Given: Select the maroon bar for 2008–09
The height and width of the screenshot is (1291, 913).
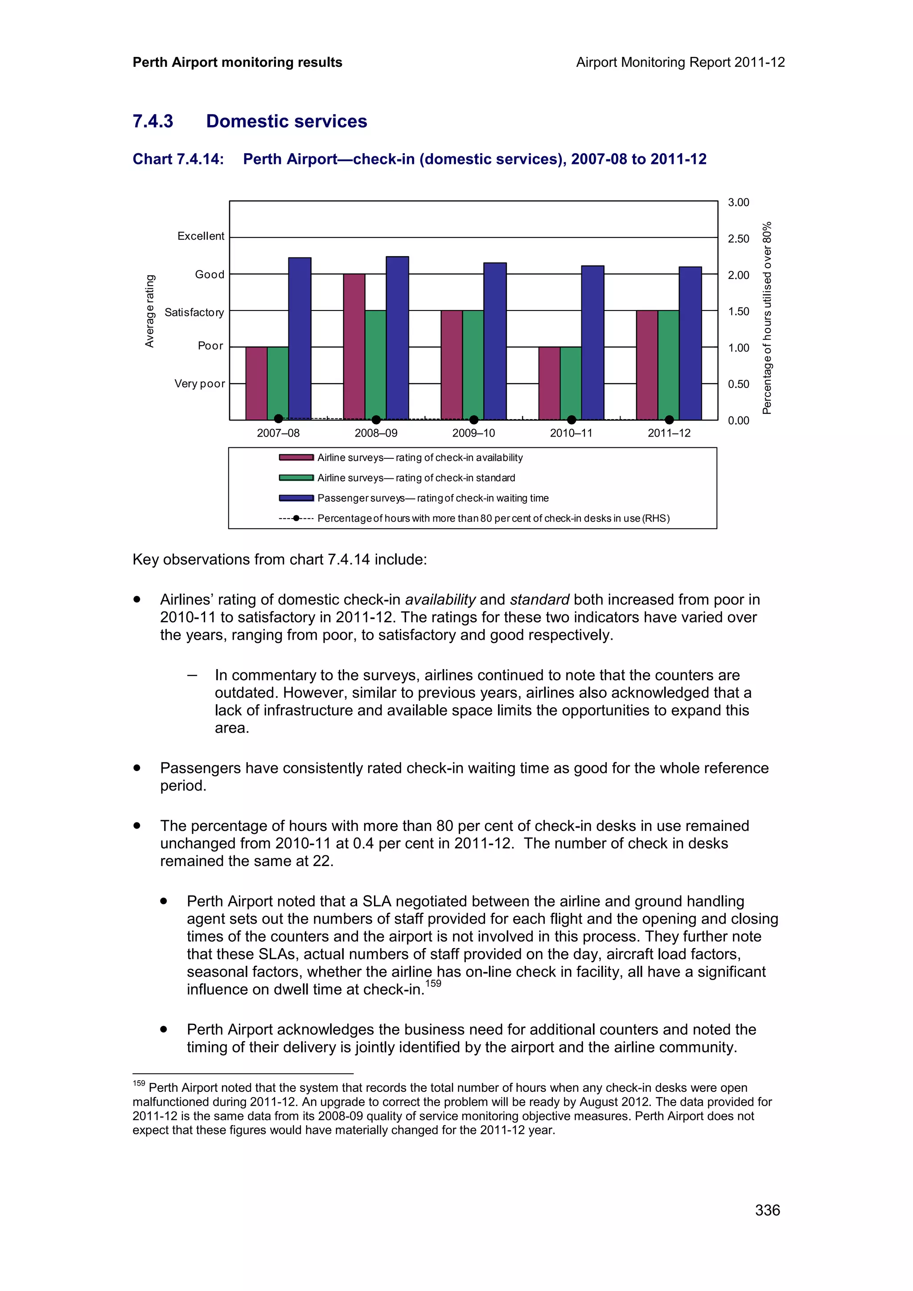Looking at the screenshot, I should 354,347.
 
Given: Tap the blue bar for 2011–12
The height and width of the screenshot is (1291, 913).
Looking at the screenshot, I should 690,343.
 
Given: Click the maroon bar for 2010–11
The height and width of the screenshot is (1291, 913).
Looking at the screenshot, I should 549,383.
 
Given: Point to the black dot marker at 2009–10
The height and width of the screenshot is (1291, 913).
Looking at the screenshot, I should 473,420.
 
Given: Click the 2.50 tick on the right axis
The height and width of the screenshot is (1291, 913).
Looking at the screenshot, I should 738,238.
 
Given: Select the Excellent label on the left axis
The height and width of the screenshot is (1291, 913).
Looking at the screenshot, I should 200,236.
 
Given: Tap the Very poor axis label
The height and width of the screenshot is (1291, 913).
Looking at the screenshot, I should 199,384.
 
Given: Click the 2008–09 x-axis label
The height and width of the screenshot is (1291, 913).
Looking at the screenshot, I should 376,433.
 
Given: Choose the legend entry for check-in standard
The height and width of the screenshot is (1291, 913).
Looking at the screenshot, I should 416,478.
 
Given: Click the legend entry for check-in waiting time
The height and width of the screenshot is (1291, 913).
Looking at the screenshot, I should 432,498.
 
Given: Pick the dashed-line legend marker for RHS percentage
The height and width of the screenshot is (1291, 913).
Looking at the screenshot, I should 296,519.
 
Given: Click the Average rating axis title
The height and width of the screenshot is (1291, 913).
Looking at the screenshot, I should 150,311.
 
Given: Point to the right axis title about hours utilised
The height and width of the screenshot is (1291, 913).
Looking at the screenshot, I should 767,318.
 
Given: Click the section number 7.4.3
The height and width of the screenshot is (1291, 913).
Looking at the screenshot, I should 153,122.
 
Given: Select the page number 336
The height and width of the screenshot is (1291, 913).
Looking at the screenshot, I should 767,1210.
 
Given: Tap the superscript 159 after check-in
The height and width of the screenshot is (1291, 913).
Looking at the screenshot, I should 433,984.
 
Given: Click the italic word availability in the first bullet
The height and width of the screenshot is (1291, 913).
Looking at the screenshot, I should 440,600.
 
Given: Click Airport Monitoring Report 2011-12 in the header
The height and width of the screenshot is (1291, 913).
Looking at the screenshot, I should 680,62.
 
